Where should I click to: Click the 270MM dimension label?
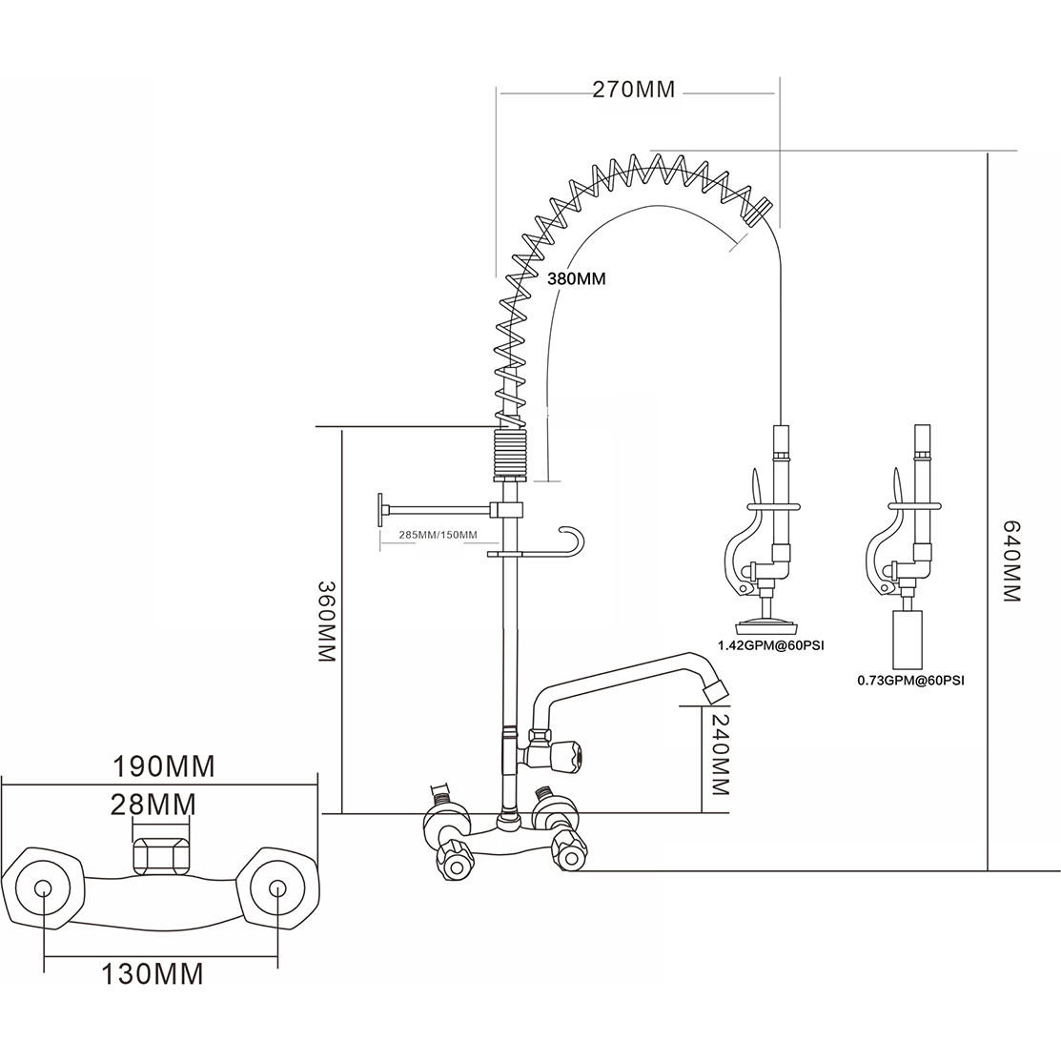click(633, 91)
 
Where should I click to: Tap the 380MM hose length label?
click(576, 279)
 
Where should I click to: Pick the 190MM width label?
click(164, 765)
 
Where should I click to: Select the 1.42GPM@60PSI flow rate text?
click(772, 645)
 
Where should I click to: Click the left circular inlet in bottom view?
click(44, 888)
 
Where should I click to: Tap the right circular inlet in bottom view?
click(277, 888)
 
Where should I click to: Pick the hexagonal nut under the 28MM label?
click(162, 854)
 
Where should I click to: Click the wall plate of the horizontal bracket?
click(379, 510)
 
